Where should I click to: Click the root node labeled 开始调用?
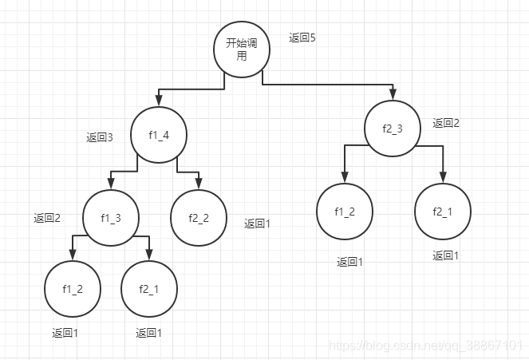242,49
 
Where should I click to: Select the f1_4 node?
159,135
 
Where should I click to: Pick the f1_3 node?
111,217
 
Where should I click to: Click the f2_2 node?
199,217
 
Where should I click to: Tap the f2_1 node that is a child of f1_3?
149,288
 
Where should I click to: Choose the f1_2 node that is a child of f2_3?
345,212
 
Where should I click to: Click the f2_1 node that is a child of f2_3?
443,212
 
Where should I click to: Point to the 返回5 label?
302,38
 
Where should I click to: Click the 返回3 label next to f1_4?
100,137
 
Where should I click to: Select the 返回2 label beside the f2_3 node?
446,123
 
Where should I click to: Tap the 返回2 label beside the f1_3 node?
47,218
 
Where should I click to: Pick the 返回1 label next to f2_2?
258,224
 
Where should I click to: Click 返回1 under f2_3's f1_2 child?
349,262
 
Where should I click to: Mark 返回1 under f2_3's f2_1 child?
446,255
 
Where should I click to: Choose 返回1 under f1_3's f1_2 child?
65,333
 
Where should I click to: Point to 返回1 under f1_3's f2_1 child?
149,333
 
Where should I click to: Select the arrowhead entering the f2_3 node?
393,96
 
